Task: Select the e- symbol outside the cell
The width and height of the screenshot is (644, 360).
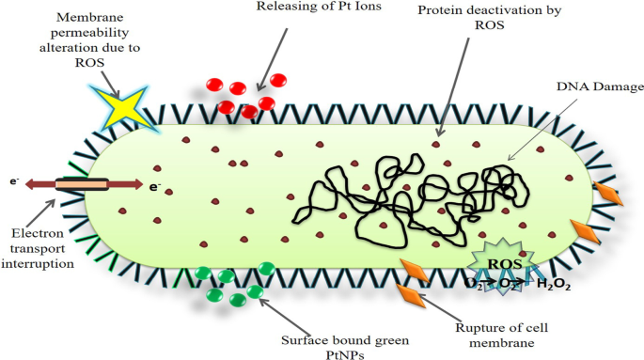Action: (14, 178)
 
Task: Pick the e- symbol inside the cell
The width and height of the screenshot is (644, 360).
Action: (154, 187)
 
